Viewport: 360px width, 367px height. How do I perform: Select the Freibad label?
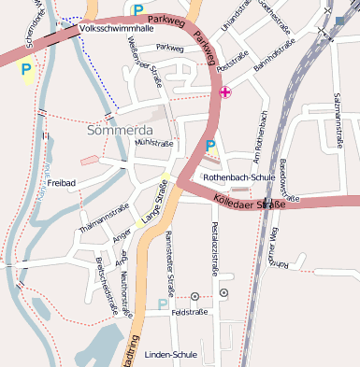pyautogui.click(x=62, y=183)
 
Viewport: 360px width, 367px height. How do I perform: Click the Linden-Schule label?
pyautogui.click(x=172, y=355)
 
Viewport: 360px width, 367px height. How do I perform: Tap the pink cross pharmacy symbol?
pyautogui.click(x=224, y=92)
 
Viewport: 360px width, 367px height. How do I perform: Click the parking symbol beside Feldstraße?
pyautogui.click(x=163, y=304)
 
